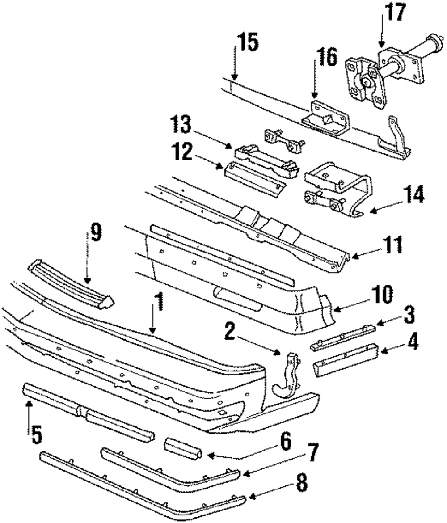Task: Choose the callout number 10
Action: click(x=381, y=295)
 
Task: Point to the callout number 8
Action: click(x=302, y=484)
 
